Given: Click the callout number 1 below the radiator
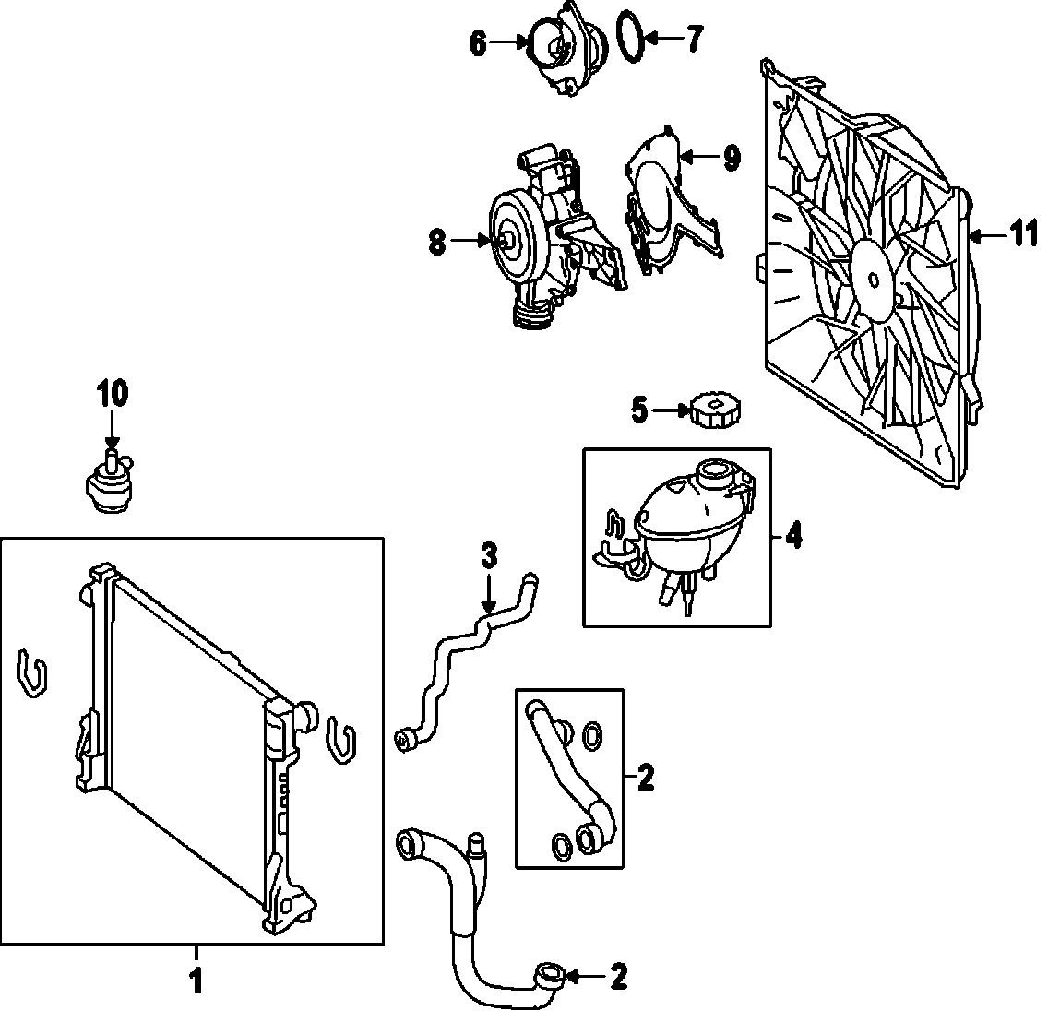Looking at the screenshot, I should (195, 981).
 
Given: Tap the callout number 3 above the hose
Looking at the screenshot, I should (489, 555).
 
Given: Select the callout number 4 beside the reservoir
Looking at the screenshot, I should (792, 537).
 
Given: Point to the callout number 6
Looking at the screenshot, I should (478, 42).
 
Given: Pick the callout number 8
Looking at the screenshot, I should (436, 243).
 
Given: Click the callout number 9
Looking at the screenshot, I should (732, 159).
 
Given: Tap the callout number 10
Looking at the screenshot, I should (112, 394).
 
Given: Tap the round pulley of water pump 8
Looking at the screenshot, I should (506, 238).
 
